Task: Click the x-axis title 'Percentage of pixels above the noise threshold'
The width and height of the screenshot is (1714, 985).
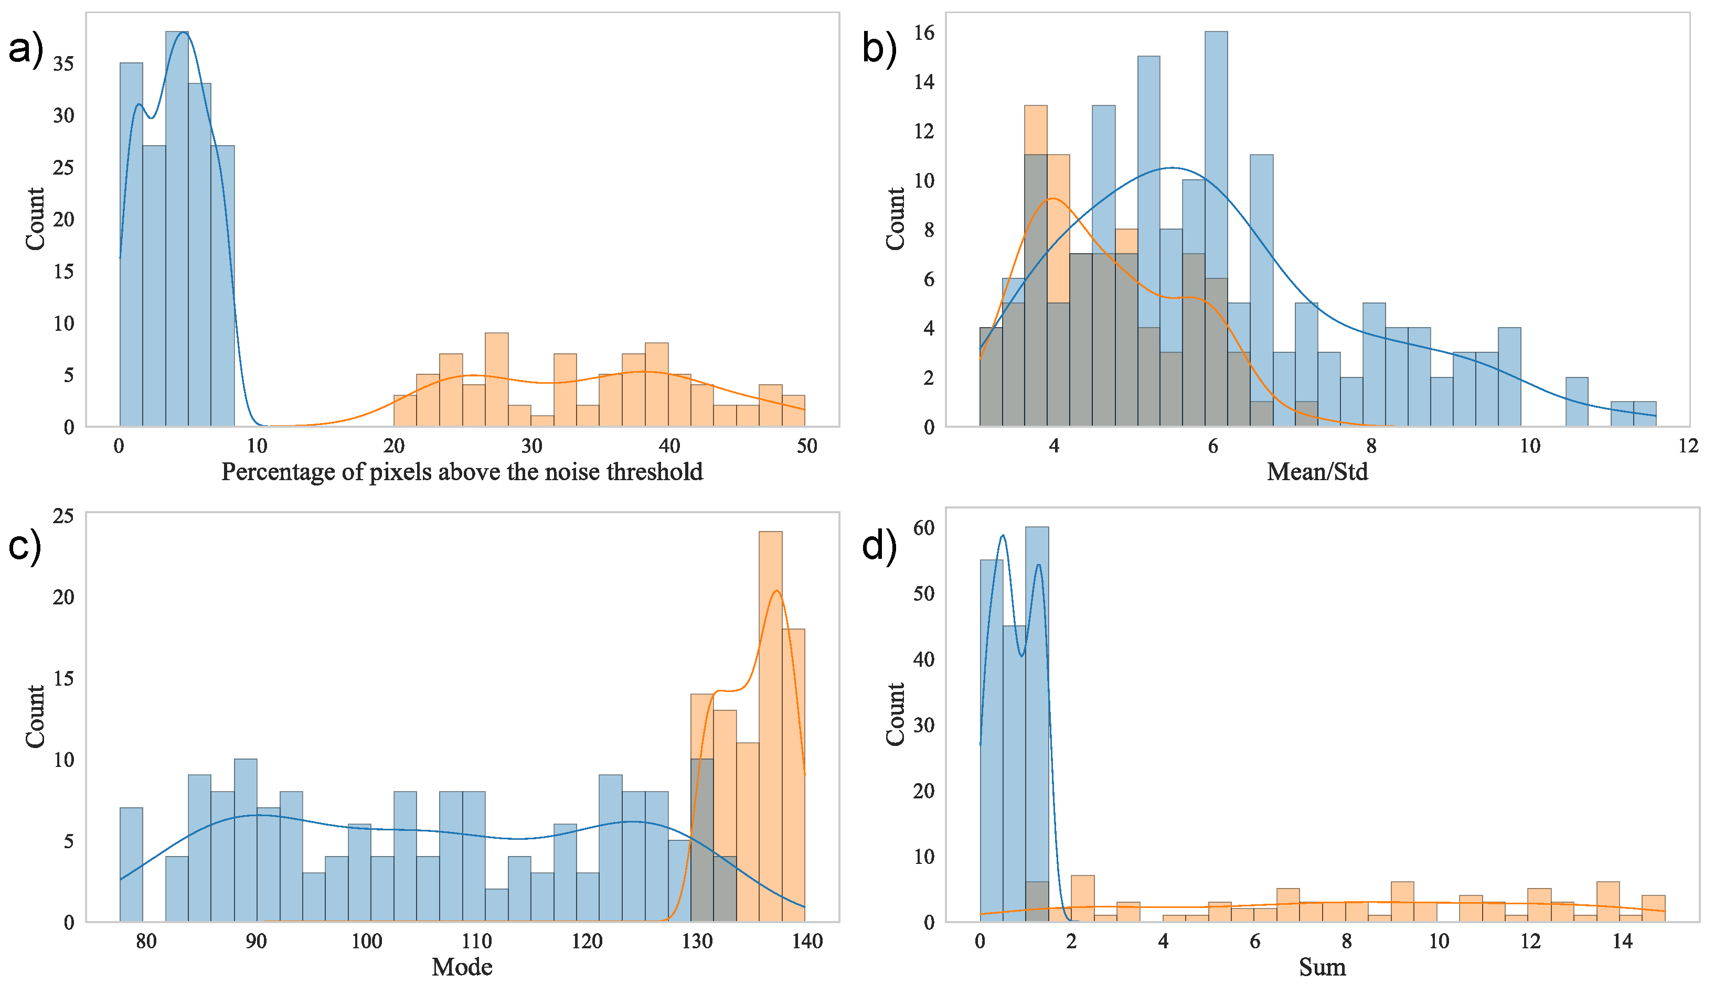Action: [x=462, y=471]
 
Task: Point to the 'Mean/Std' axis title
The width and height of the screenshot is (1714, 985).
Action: [x=1317, y=471]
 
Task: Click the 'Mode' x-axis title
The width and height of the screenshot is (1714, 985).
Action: [x=462, y=967]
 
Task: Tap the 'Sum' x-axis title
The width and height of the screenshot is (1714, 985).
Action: [x=1322, y=967]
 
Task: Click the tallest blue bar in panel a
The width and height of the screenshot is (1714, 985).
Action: [x=177, y=229]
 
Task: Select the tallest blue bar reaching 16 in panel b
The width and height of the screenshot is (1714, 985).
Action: [x=1216, y=229]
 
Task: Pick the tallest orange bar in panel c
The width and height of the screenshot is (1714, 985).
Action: [x=770, y=727]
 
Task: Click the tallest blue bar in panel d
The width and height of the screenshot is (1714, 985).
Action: [x=1037, y=724]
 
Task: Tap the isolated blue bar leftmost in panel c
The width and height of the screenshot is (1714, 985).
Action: [x=131, y=864]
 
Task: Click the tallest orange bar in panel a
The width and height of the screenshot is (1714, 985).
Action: [x=497, y=380]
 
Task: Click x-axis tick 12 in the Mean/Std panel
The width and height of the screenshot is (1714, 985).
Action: [x=1688, y=446]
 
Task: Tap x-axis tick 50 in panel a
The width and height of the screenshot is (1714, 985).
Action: [x=807, y=446]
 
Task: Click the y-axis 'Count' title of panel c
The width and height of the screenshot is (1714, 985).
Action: [x=35, y=717]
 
